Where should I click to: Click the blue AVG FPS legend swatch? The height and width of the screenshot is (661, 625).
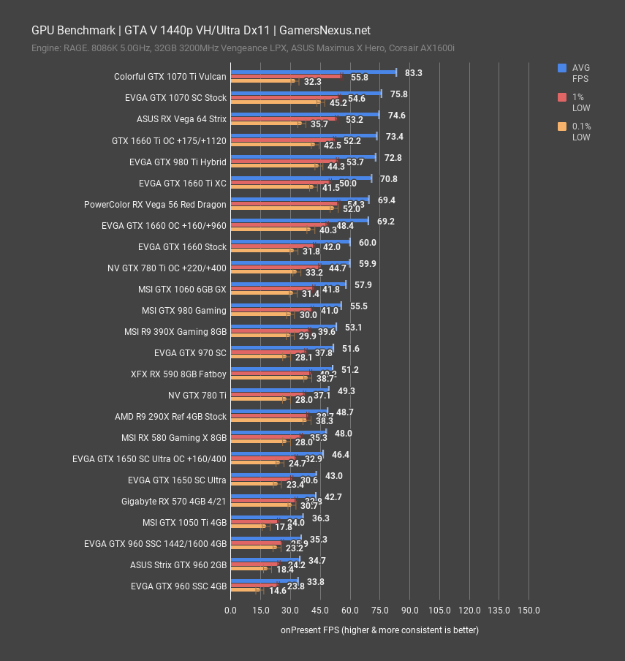[562, 68]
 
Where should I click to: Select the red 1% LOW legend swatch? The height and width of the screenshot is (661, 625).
[562, 97]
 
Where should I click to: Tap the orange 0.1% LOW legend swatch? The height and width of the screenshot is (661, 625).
[562, 126]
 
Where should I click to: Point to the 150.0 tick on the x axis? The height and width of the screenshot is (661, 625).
[529, 610]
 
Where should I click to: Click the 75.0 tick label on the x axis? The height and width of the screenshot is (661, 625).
[379, 610]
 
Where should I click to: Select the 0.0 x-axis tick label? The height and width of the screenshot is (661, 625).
[230, 610]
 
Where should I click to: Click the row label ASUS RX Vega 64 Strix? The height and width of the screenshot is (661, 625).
[181, 118]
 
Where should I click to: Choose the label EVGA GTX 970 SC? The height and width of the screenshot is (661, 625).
[190, 352]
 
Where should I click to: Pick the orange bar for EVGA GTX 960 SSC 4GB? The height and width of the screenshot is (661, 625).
[244, 589]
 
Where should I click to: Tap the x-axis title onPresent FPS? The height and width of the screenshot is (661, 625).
[379, 630]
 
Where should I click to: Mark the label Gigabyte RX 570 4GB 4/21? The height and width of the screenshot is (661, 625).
[174, 502]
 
